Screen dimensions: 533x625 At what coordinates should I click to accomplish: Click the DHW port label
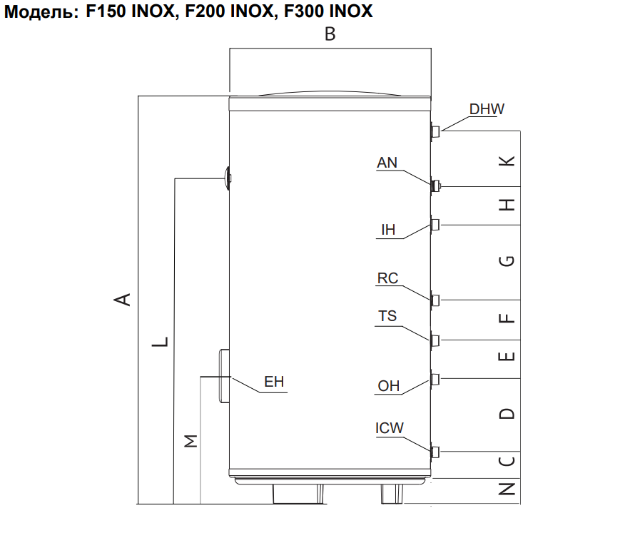coord(487,109)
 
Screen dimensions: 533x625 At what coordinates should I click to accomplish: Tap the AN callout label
coord(387,163)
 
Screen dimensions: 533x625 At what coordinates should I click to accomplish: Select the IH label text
coord(388,230)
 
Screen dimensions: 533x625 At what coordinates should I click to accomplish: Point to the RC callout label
coord(387,278)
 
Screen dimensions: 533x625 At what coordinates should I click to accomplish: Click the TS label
coord(387,316)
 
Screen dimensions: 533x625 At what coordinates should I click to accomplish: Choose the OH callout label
coord(389,386)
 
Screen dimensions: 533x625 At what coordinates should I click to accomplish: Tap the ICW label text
coord(390,428)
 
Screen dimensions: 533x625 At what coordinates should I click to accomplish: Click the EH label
coord(274,382)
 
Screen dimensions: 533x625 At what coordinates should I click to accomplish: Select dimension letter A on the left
coord(123,299)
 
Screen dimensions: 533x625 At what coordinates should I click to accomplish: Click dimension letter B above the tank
coord(330,34)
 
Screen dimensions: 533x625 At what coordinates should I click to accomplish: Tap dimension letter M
coord(190,441)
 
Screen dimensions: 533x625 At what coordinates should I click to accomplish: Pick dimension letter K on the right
coord(507,161)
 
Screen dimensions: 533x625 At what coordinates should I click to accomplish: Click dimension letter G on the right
coord(507,261)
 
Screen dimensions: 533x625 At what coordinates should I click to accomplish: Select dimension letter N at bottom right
coord(507,489)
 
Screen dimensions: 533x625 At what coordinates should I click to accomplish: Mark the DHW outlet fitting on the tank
coord(436,131)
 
